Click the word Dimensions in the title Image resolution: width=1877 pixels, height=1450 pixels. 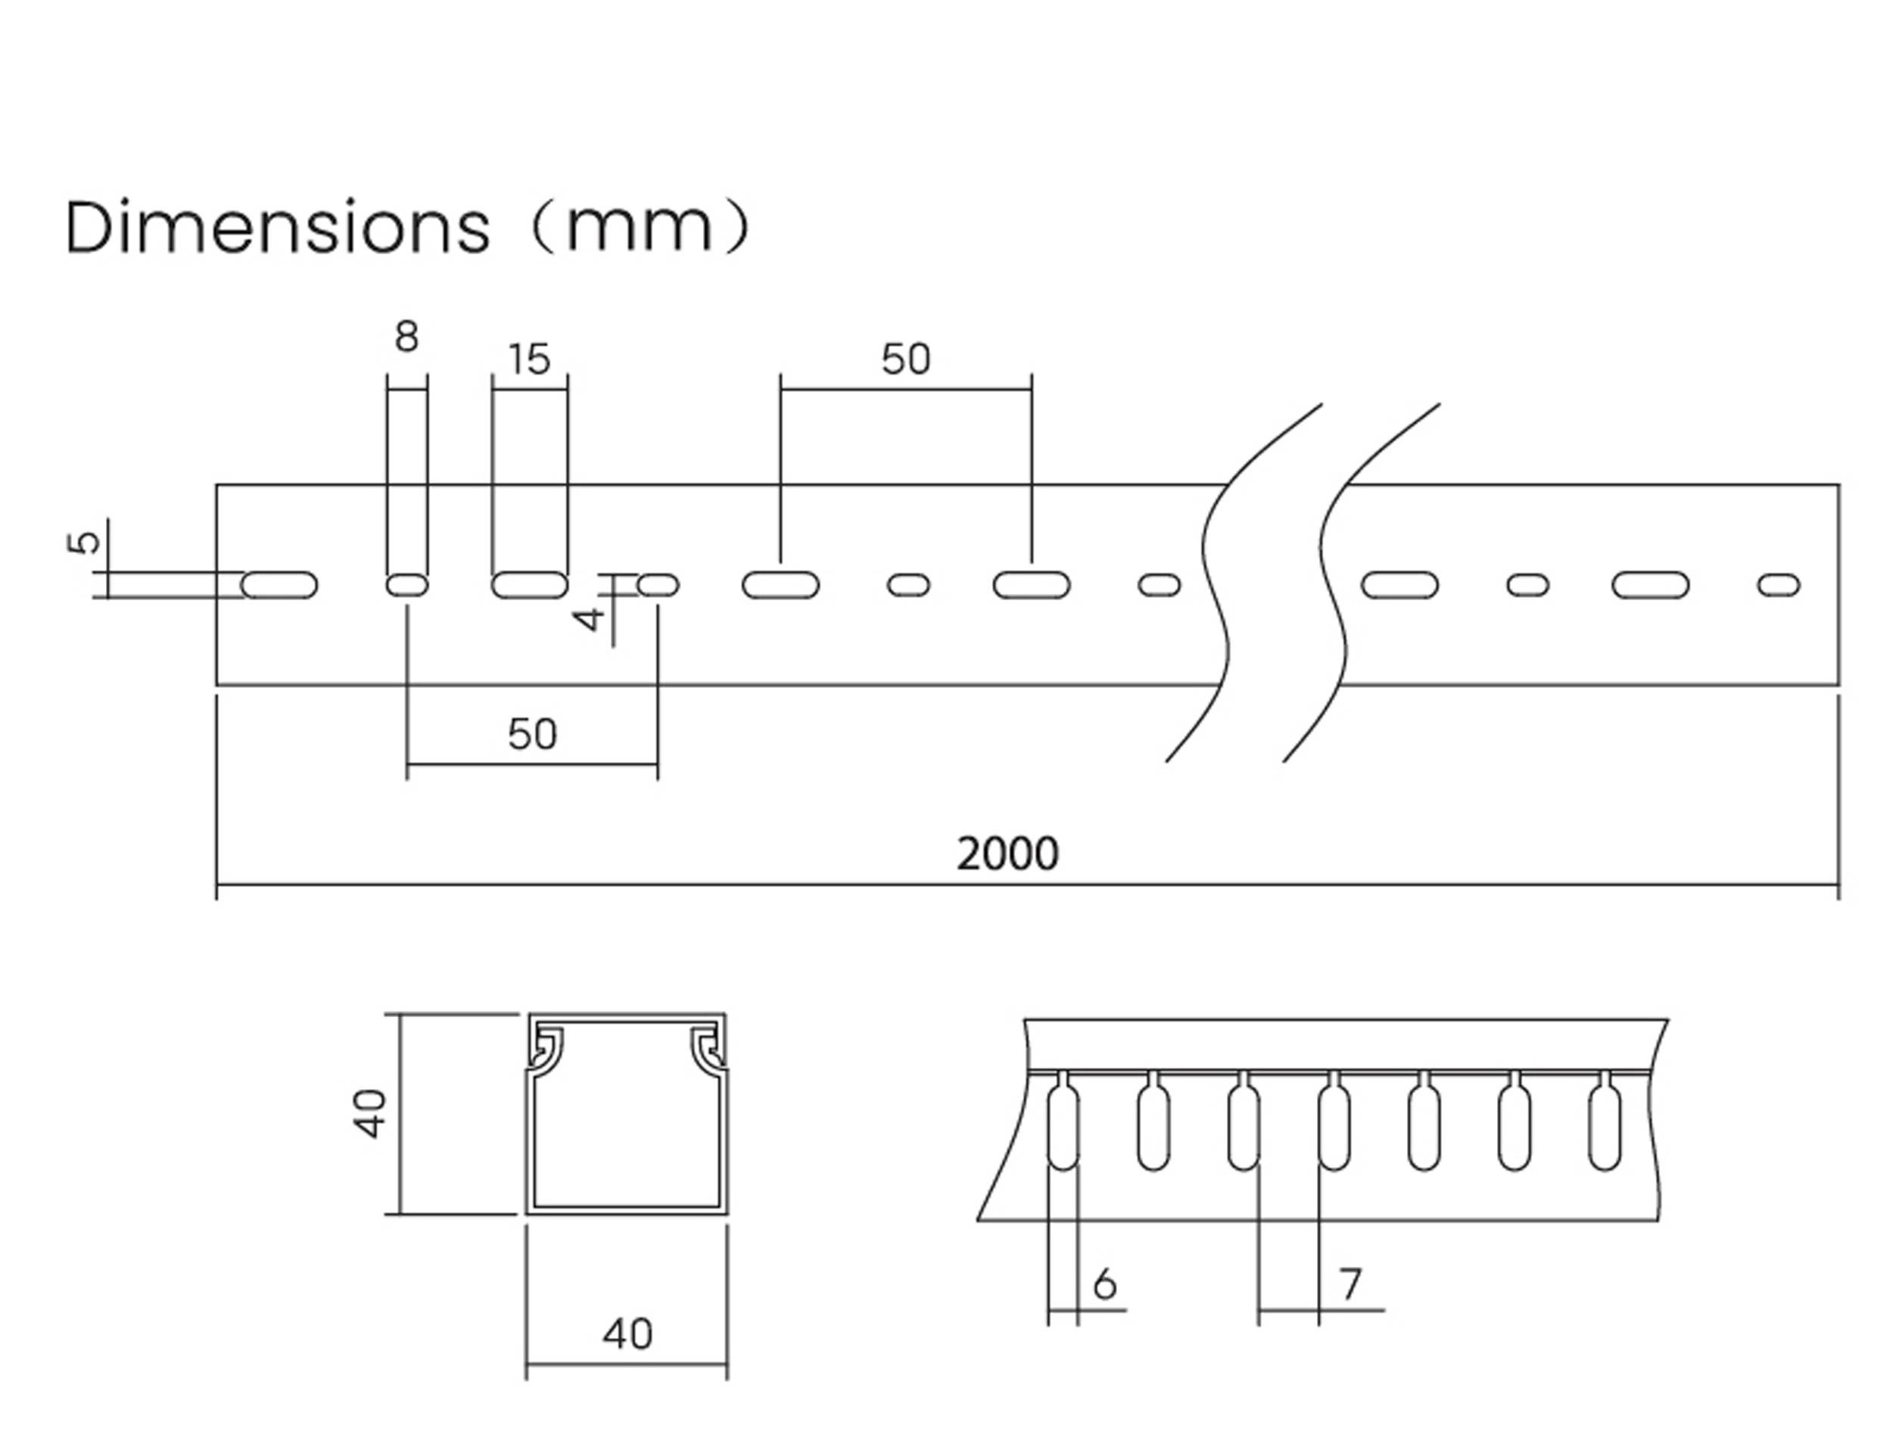pyautogui.click(x=277, y=228)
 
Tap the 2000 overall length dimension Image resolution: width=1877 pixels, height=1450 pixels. pyautogui.click(x=1007, y=854)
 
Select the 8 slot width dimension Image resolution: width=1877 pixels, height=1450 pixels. pyautogui.click(x=406, y=337)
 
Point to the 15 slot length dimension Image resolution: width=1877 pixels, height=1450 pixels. pyautogui.click(x=528, y=359)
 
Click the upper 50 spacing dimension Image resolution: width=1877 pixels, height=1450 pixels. pyautogui.click(x=906, y=359)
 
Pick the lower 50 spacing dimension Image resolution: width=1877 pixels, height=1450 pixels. pyautogui.click(x=532, y=734)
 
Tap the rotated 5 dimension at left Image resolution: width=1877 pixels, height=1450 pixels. pyautogui.click(x=84, y=543)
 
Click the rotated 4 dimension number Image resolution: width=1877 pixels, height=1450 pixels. pyautogui.click(x=590, y=619)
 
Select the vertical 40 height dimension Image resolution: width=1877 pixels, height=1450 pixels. pyautogui.click(x=372, y=1114)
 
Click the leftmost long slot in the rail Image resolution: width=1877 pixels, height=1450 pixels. pyautogui.click(x=279, y=585)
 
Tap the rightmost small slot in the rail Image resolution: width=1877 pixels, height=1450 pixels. pyautogui.click(x=1778, y=585)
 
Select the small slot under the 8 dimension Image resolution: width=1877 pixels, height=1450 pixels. pyautogui.click(x=406, y=585)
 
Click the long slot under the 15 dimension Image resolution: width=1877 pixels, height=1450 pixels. pyautogui.click(x=529, y=585)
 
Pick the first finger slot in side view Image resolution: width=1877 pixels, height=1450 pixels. pyautogui.click(x=1063, y=1128)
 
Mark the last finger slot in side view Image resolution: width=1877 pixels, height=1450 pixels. pyautogui.click(x=1605, y=1128)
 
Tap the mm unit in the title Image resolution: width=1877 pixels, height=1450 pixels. pyautogui.click(x=640, y=228)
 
